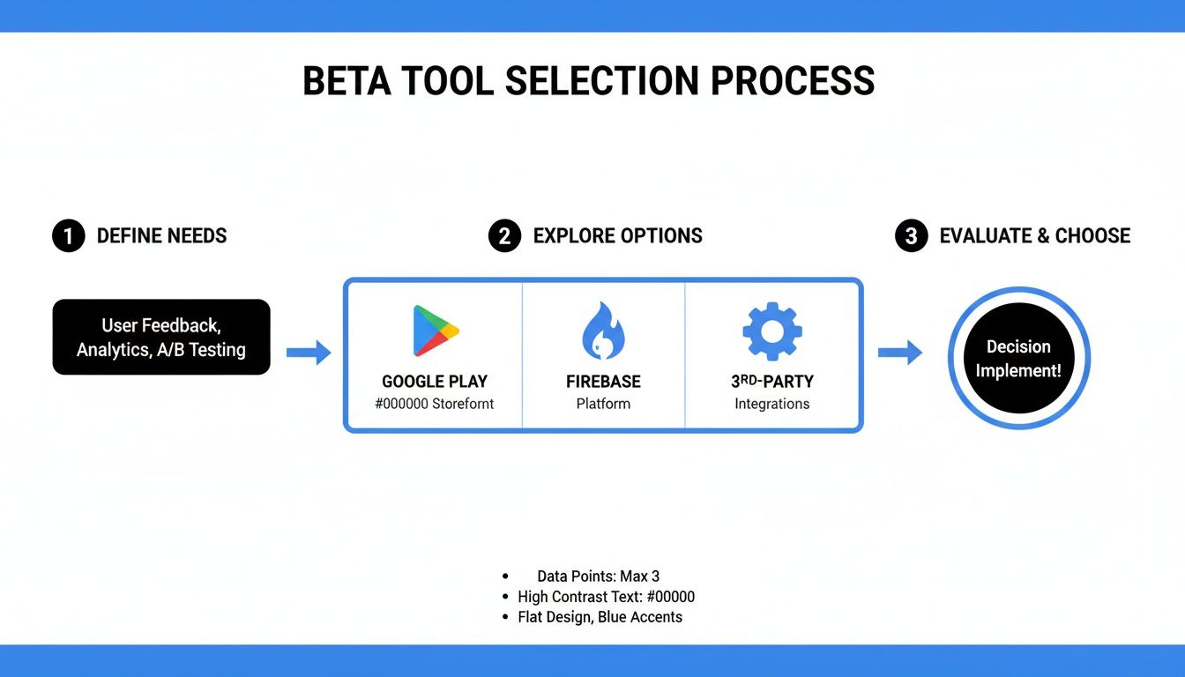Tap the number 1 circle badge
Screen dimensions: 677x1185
[68, 236]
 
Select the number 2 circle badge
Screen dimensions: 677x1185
[504, 236]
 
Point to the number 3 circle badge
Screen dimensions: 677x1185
[911, 236]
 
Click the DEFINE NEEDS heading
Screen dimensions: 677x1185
[161, 236]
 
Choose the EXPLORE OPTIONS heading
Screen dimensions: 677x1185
[617, 236]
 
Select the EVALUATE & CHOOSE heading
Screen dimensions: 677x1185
[1034, 236]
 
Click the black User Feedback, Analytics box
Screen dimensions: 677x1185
[161, 337]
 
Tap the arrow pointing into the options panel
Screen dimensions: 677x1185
[309, 353]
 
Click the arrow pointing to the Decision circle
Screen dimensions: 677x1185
[899, 353]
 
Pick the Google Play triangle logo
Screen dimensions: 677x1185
[435, 331]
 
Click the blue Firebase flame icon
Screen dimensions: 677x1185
[603, 331]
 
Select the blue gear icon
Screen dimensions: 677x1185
[771, 331]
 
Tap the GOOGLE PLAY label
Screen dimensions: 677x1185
[435, 382]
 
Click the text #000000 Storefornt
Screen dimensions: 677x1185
[435, 404]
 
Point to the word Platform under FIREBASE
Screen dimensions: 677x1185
[603, 404]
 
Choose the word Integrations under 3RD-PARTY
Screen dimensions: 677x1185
[771, 404]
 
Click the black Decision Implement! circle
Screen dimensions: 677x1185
[1018, 358]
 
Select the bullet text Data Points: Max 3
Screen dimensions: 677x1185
[598, 577]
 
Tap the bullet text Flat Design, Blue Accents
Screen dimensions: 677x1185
[600, 617]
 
